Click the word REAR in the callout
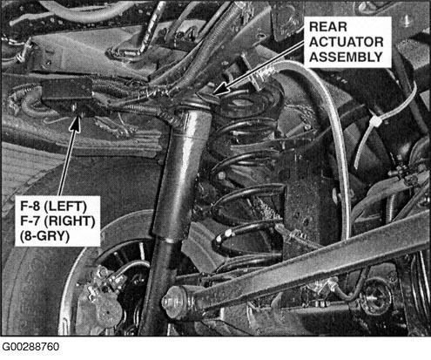coord(328,27)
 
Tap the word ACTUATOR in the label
coord(347,42)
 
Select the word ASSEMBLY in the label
coord(346,57)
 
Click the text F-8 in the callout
coord(30,207)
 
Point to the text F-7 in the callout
coord(30,221)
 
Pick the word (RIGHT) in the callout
coord(70,221)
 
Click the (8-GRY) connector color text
coord(44,236)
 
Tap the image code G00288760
coord(30,347)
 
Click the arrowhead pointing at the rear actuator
coord(222,88)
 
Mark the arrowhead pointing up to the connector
coord(76,124)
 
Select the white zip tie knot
coord(375,121)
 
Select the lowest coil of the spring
coord(246,257)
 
